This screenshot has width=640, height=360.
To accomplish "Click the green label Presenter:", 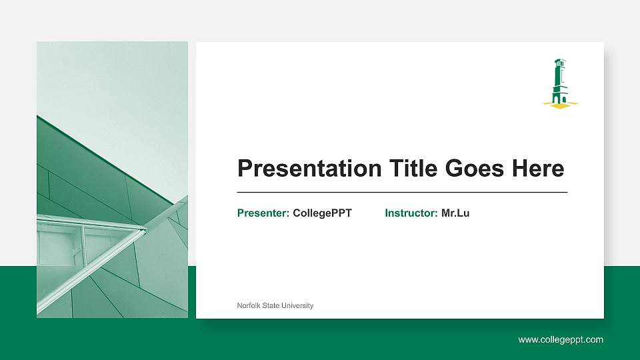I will pyautogui.click(x=263, y=213).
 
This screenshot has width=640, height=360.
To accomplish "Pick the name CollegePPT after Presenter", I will pyautogui.click(x=322, y=213).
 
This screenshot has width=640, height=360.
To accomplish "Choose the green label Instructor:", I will pyautogui.click(x=411, y=213).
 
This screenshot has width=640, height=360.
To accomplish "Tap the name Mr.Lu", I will pyautogui.click(x=455, y=213).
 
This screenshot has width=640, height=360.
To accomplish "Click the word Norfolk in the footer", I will pyautogui.click(x=248, y=305).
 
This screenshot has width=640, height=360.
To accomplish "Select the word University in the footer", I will pyautogui.click(x=297, y=305).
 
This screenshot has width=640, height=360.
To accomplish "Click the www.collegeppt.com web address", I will pyautogui.click(x=561, y=340).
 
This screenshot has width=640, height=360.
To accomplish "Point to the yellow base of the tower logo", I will pyautogui.click(x=560, y=104).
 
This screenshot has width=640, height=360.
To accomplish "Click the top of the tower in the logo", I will pyautogui.click(x=559, y=62).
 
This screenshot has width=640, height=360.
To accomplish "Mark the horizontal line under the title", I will pyautogui.click(x=402, y=192).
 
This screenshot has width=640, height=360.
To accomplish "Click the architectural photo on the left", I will pyautogui.click(x=112, y=179).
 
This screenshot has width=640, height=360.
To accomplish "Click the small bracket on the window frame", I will pyautogui.click(x=76, y=251).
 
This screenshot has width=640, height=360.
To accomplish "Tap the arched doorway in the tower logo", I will pyautogui.click(x=562, y=99).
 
